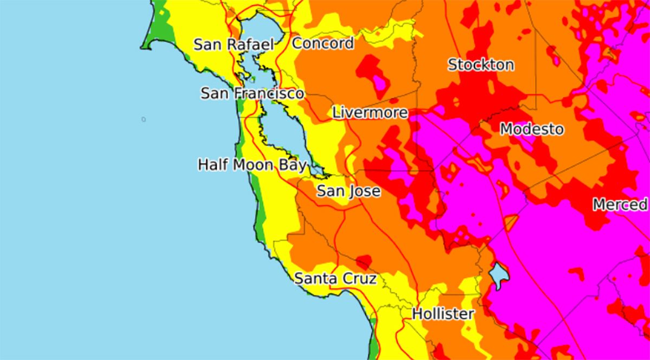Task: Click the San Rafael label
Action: click(233, 44)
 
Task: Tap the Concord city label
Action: click(323, 43)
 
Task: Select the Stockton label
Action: click(480, 65)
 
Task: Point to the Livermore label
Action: click(369, 113)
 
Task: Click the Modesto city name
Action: click(531, 130)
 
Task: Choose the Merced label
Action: click(620, 204)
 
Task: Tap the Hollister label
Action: click(443, 314)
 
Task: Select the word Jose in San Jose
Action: click(364, 191)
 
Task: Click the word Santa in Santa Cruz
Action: click(314, 279)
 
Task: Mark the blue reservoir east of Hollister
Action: click(498, 273)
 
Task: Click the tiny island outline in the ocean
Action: click(144, 119)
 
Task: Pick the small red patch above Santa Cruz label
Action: click(363, 261)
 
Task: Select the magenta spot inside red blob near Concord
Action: click(380, 81)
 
